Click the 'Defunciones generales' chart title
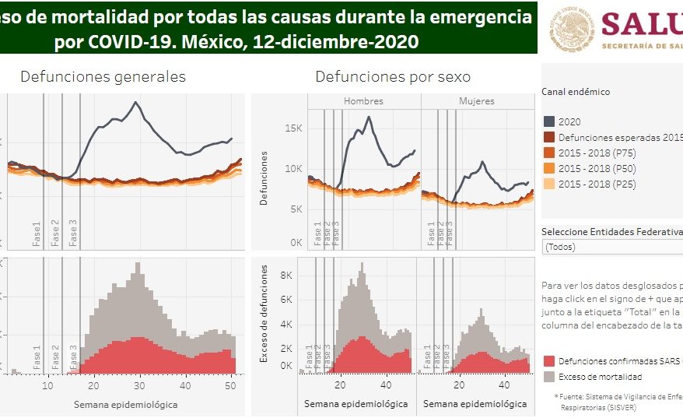[x=103, y=76]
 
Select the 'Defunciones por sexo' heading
[x=392, y=76]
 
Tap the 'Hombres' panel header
[x=363, y=101]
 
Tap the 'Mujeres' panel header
[x=476, y=101]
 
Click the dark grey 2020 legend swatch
[x=549, y=122]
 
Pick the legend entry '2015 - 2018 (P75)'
[x=591, y=153]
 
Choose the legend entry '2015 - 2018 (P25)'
[x=591, y=184]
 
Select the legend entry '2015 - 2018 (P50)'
[x=591, y=168]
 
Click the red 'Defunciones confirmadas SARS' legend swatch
[x=549, y=361]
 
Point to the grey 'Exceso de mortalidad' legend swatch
[x=549, y=377]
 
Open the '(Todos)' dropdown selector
[x=611, y=247]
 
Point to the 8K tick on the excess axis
[x=285, y=275]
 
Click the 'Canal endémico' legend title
[x=576, y=92]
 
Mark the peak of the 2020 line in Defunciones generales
[x=137, y=103]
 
